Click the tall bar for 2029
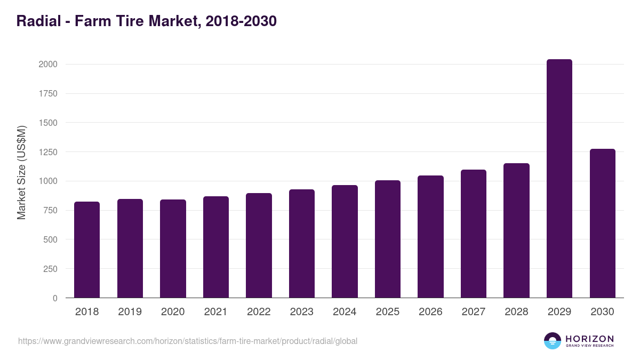[x=559, y=179]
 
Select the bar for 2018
[x=87, y=250]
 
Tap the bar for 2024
[x=345, y=241]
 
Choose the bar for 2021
[x=216, y=247]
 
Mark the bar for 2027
[x=474, y=234]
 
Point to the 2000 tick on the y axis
[x=47, y=64]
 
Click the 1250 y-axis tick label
[x=47, y=152]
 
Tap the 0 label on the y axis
[x=54, y=298]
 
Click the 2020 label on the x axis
[x=173, y=312]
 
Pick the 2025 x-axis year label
[x=387, y=312]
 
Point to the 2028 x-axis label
[x=516, y=312]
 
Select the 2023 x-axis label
[x=301, y=312]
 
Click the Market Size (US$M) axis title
[x=22, y=173]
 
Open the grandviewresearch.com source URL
[x=188, y=341]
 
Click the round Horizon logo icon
[x=553, y=341]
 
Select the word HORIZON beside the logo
[x=589, y=338]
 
